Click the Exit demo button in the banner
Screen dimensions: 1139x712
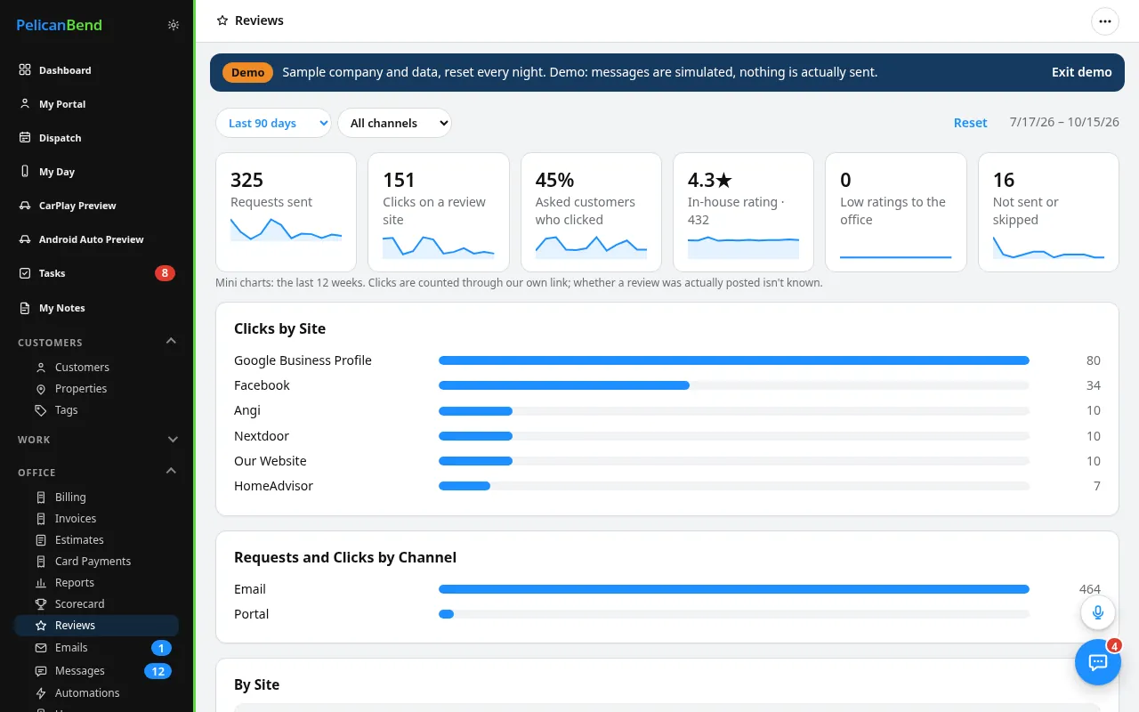(x=1081, y=72)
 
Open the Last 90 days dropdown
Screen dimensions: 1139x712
(x=273, y=123)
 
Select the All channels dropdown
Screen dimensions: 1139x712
(x=394, y=123)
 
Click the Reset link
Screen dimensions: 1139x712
(x=970, y=123)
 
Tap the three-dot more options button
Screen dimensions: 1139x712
(x=1104, y=21)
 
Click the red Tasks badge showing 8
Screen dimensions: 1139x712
(x=165, y=273)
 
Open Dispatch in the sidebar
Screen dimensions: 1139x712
(x=60, y=138)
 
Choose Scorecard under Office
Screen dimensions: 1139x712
(x=79, y=603)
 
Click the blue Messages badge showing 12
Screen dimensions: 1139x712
(x=158, y=671)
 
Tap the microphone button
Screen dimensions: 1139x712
(x=1098, y=612)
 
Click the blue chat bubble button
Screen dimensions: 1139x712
(x=1098, y=662)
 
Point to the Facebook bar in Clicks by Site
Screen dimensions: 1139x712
(x=564, y=385)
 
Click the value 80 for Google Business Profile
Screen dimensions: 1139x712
(x=1094, y=360)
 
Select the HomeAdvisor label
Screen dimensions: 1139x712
(x=273, y=486)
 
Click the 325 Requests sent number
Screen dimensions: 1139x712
(x=246, y=180)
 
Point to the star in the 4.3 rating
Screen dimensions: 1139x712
(x=723, y=180)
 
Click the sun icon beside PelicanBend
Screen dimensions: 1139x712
(x=174, y=25)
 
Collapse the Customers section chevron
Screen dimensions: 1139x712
(x=172, y=341)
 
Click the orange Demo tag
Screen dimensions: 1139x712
(x=247, y=72)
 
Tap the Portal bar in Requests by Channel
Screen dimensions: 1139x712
(x=446, y=614)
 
